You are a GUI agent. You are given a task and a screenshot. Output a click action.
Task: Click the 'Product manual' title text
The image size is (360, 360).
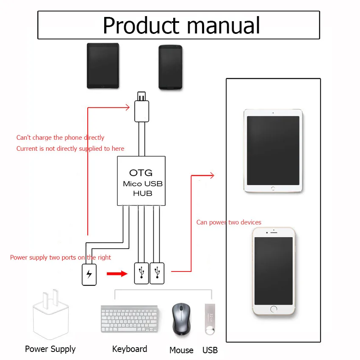pyautogui.click(x=181, y=25)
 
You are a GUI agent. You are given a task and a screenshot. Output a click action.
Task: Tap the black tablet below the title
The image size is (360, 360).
pyautogui.click(x=103, y=66)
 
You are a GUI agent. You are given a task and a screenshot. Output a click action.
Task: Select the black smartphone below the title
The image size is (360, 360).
pyautogui.click(x=170, y=67)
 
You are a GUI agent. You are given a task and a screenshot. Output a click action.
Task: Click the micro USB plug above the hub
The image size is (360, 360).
pyautogui.click(x=141, y=107)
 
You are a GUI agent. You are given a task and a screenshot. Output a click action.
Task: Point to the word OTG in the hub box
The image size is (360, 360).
pyautogui.click(x=141, y=173)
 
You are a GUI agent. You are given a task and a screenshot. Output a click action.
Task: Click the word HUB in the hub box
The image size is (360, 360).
pyautogui.click(x=143, y=193)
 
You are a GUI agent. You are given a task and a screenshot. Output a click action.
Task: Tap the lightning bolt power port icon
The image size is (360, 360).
pyautogui.click(x=89, y=274)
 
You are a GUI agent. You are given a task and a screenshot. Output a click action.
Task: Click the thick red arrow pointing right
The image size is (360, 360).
pyautogui.click(x=117, y=274)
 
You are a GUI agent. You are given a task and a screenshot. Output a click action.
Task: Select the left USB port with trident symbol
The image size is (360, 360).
pyautogui.click(x=141, y=273)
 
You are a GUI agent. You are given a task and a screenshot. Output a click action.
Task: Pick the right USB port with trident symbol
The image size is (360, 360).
pyautogui.click(x=157, y=273)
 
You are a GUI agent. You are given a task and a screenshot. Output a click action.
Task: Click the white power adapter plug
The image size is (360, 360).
pyautogui.click(x=51, y=314)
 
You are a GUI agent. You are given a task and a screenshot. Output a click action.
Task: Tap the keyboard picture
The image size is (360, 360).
pyautogui.click(x=130, y=319)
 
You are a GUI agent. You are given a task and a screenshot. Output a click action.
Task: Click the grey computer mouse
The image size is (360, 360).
pyautogui.click(x=181, y=319)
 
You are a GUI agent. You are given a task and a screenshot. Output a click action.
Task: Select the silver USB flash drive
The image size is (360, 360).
pyautogui.click(x=210, y=319)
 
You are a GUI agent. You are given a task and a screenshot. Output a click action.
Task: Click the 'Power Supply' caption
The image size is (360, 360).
pyautogui.click(x=50, y=349)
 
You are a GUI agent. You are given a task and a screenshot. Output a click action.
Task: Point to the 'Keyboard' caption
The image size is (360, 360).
pyautogui.click(x=130, y=349)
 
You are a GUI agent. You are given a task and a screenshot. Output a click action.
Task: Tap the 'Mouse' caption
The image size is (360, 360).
pyautogui.click(x=181, y=350)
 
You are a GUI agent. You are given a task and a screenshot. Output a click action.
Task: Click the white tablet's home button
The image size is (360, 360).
pyautogui.click(x=273, y=188)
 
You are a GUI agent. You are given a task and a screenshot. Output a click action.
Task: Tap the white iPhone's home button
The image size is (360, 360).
pyautogui.click(x=274, y=309)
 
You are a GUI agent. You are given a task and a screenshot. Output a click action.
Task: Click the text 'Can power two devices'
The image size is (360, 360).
pyautogui.click(x=229, y=222)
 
